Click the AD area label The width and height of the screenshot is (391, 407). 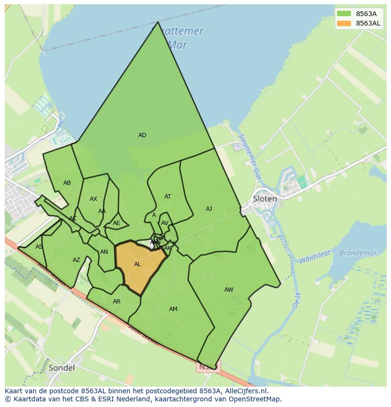pos(142,135)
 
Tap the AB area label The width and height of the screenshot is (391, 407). pos(67,183)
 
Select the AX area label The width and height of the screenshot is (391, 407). pos(93,199)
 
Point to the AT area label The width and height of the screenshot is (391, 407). pos(168,197)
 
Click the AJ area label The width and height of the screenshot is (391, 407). pos(209,209)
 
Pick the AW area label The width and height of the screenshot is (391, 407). pos(229,290)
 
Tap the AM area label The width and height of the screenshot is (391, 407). pos(173,309)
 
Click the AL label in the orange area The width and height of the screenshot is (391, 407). pos(137,264)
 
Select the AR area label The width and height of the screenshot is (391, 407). pos(117,302)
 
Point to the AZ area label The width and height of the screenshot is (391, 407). pos(76,260)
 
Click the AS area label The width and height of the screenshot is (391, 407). pos(39,247)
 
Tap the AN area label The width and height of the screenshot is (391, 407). pos(104,252)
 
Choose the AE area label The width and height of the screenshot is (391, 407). pos(117,223)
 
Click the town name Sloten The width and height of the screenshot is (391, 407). pos(265,199)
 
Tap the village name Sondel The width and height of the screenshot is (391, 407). pos(61,368)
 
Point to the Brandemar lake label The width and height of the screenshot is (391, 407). pos(358,253)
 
